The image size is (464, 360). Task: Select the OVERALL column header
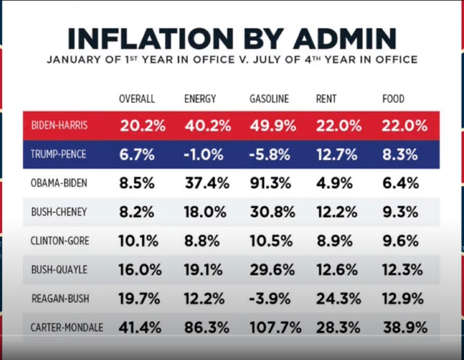137,99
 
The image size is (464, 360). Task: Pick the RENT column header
326,99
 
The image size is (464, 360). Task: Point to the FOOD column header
394,99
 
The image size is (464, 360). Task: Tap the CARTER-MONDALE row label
67,328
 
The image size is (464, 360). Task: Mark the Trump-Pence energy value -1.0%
205,155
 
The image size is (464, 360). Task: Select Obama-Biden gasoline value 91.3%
272,184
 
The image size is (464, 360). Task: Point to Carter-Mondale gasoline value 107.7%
275,328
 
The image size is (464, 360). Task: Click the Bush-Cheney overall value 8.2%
136,212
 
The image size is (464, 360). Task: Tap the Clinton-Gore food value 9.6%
400,241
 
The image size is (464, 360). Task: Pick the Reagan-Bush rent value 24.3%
338,299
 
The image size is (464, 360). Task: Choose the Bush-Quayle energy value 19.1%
203,270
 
